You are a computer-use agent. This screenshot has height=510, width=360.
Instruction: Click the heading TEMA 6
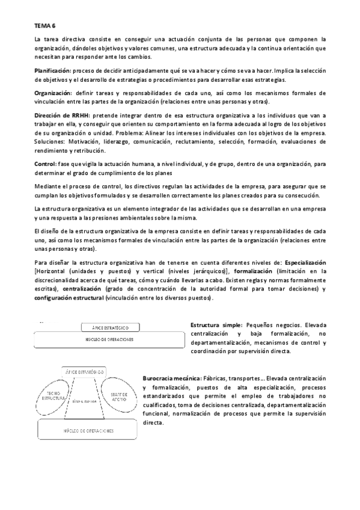[x=44, y=26]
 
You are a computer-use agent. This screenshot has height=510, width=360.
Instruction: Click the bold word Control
[x=45, y=164]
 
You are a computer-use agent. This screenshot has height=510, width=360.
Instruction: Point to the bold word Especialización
[x=305, y=263]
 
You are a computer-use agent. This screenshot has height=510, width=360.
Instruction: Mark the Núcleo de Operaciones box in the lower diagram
[x=90, y=431]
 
